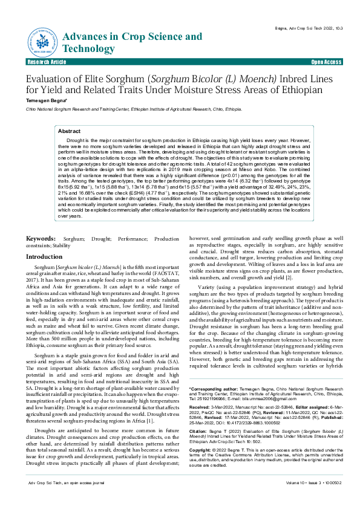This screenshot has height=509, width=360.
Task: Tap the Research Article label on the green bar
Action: (47, 62)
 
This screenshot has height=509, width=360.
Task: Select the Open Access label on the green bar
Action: (326, 62)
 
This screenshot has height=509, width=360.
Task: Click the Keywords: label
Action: (46, 239)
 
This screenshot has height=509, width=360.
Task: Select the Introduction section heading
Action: (44, 257)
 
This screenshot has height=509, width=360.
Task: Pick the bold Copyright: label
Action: (201, 450)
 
